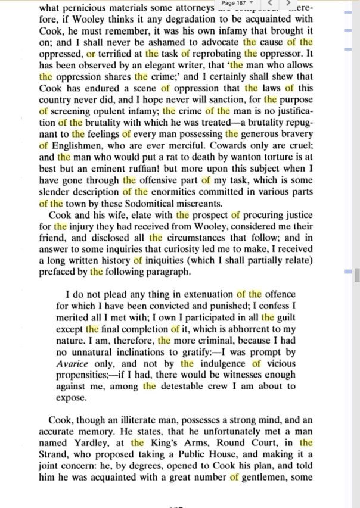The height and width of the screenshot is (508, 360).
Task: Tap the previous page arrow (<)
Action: click(x=269, y=4)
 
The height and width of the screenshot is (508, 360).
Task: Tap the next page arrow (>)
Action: click(x=288, y=4)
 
